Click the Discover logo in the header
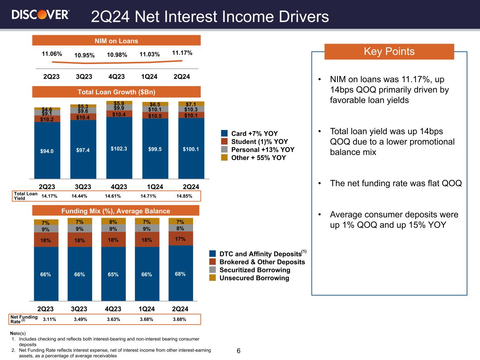(x=40, y=14)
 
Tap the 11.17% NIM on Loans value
(x=182, y=53)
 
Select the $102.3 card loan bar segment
(x=119, y=148)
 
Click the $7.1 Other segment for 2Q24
(x=191, y=104)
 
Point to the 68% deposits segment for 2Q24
(x=180, y=274)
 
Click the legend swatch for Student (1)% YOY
(x=224, y=142)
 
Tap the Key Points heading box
(x=389, y=51)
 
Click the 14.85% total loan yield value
(x=184, y=196)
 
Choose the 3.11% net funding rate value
(x=49, y=320)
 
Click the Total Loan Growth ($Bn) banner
(x=116, y=92)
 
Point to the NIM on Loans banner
(x=116, y=41)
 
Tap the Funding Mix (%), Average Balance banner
(x=116, y=211)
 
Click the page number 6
(x=238, y=351)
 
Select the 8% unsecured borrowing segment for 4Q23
(x=113, y=221)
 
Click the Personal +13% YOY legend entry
(x=262, y=150)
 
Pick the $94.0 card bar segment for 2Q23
(x=47, y=151)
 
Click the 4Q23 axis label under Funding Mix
(x=113, y=309)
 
